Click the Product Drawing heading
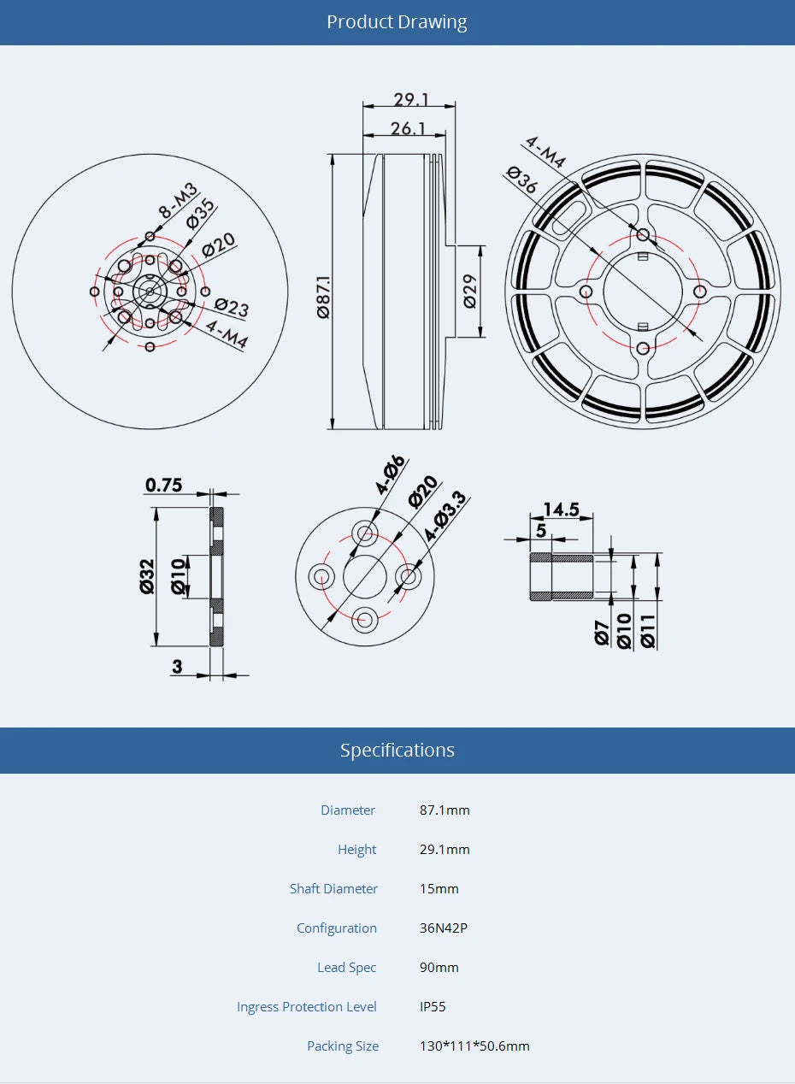tap(397, 22)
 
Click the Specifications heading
tap(397, 750)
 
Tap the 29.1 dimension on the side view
tap(411, 99)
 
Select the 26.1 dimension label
tap(408, 128)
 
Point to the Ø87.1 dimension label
tap(323, 297)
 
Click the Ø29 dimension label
tap(469, 292)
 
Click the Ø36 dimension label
tap(521, 180)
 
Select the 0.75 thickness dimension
tap(163, 485)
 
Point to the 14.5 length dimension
tap(561, 510)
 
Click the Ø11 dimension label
tap(647, 630)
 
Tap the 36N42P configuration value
tap(443, 928)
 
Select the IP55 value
tap(433, 1006)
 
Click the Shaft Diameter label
tap(333, 888)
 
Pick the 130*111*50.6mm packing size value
tap(474, 1046)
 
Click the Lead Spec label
tap(346, 967)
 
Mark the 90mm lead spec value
tap(439, 967)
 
